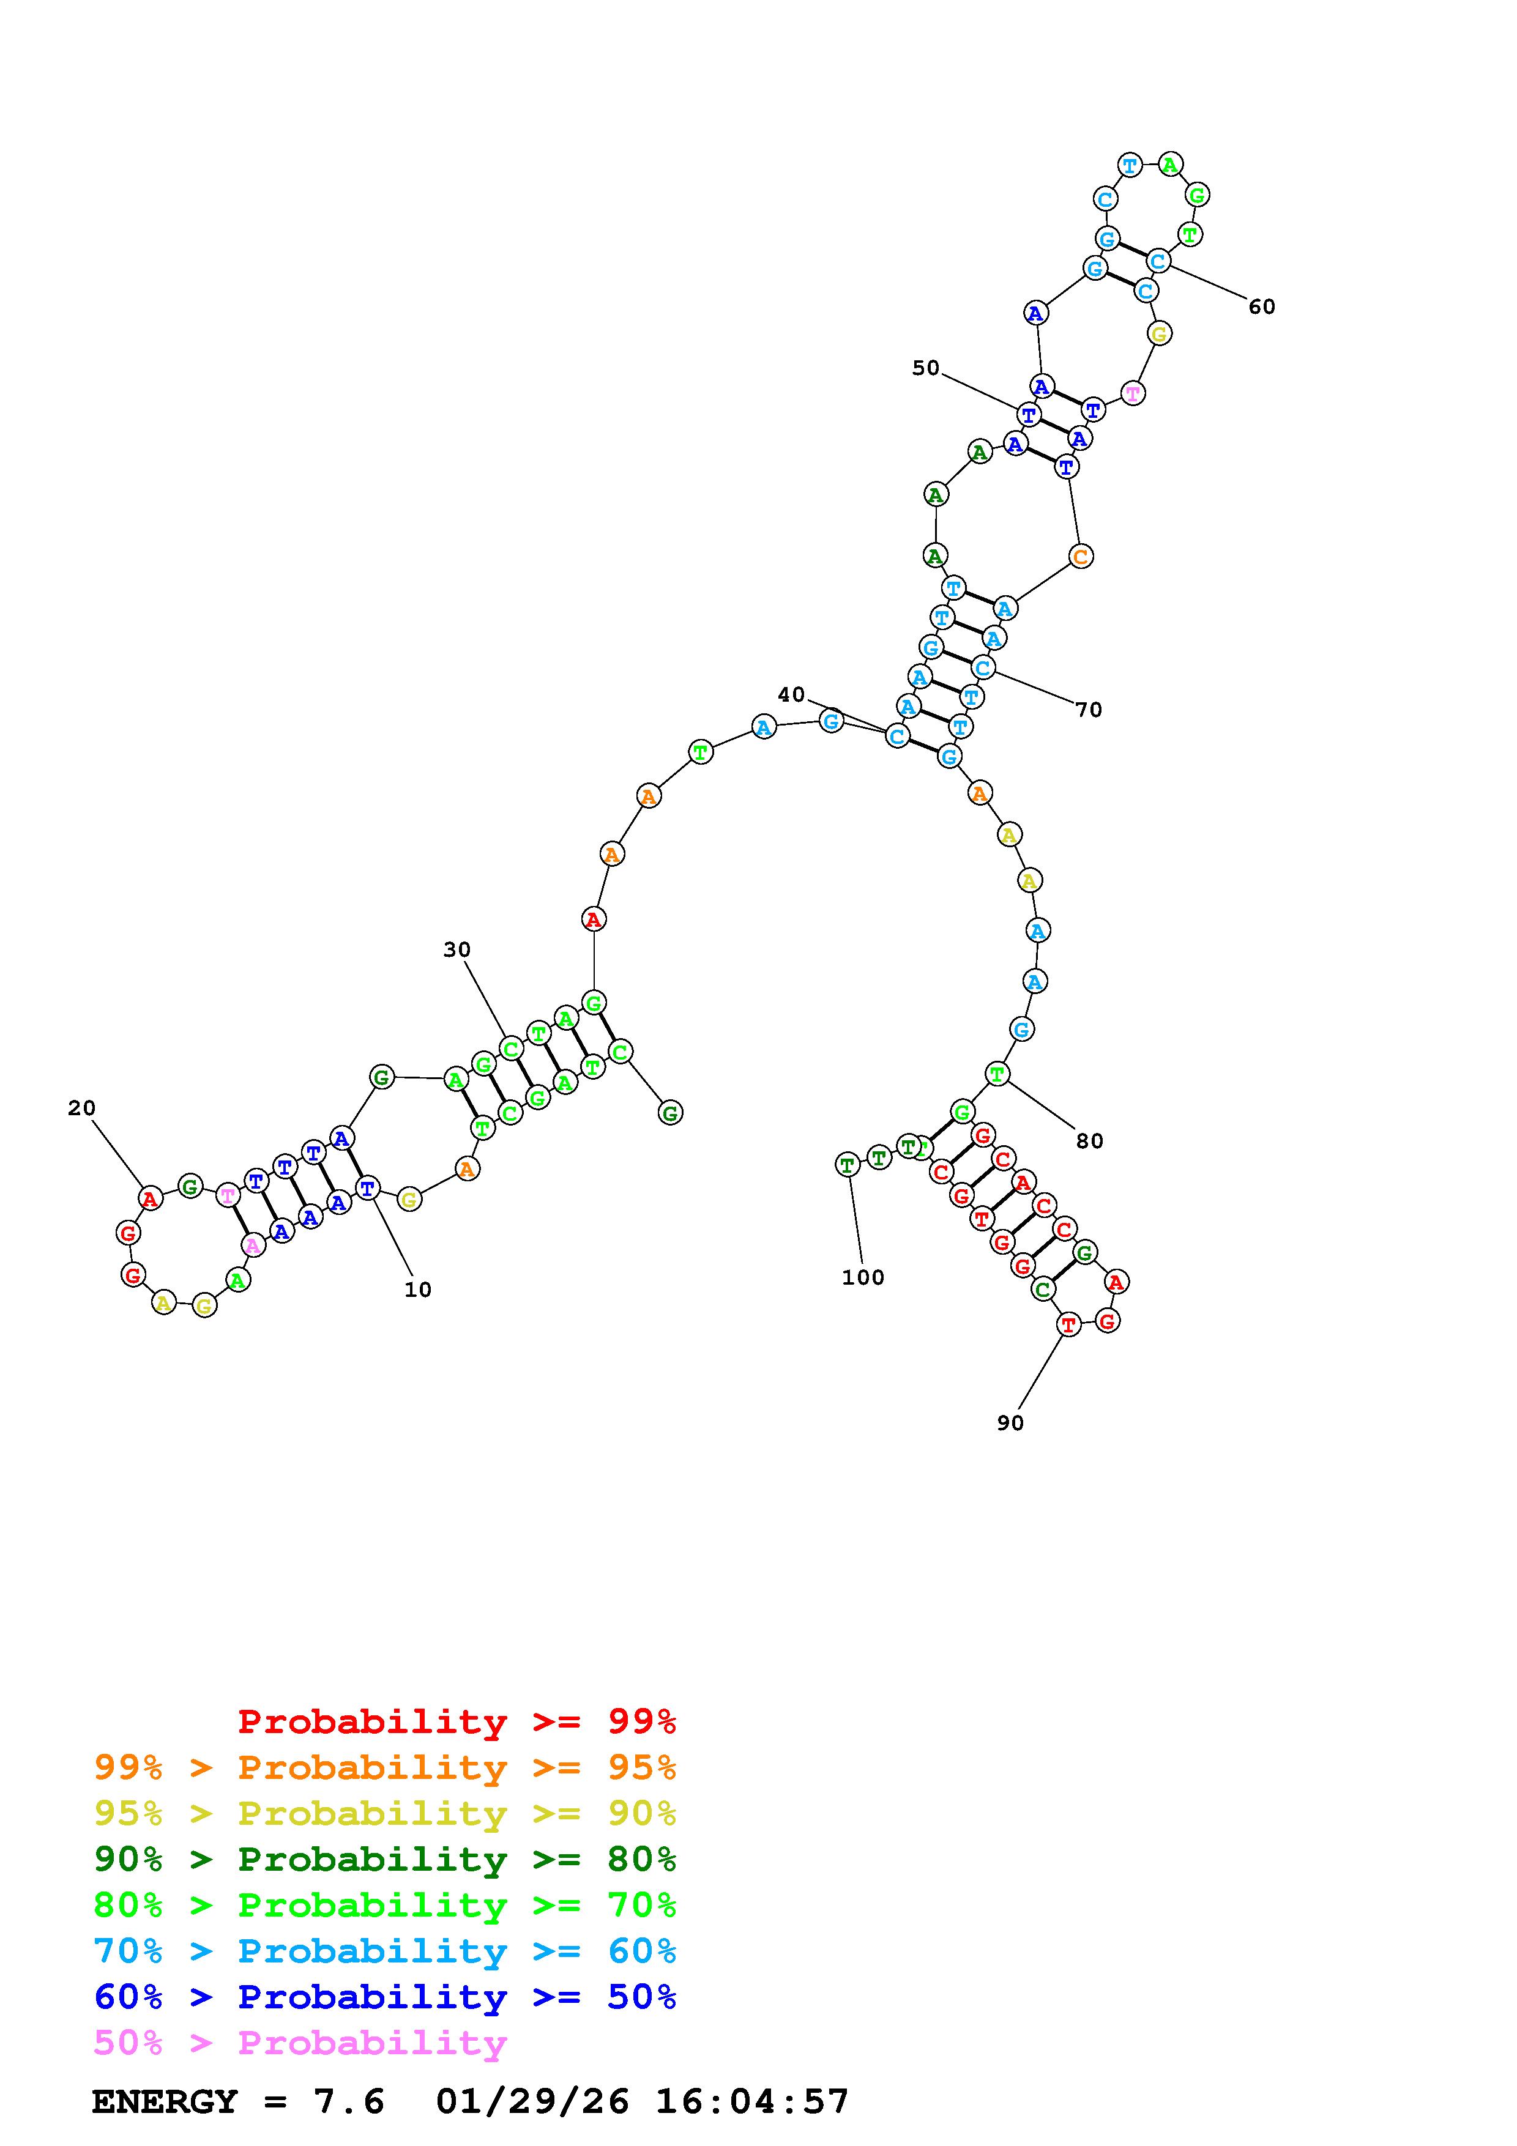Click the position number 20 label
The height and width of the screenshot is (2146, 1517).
pos(81,1108)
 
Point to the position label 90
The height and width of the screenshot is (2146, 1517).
pos(1010,1422)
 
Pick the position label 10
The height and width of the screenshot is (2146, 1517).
pos(418,1290)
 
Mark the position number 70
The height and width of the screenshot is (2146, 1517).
pos(1088,710)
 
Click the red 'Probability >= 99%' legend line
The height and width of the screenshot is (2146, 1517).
pos(457,1721)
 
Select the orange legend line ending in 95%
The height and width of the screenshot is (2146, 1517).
pos(385,1767)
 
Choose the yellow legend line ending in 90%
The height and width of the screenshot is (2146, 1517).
pos(385,1813)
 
